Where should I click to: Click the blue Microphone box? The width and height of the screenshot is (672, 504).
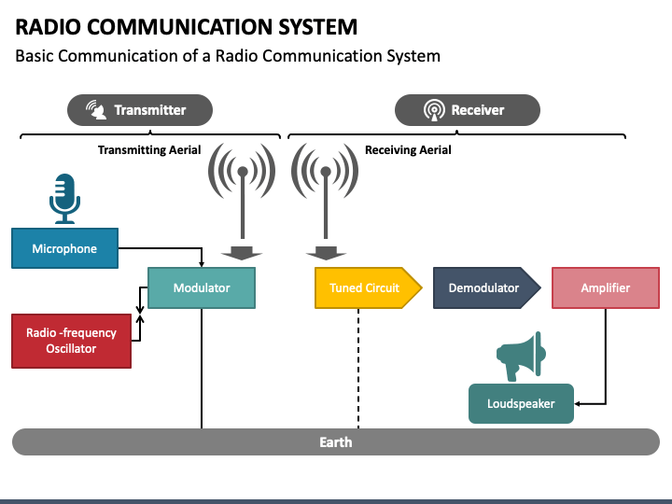click(x=64, y=248)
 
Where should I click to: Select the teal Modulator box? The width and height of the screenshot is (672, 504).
click(x=202, y=287)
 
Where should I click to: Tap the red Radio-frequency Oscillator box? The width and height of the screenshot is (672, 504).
click(x=71, y=341)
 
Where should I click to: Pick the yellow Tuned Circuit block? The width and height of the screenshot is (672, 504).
click(x=368, y=287)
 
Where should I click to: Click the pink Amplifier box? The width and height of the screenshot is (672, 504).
click(x=606, y=287)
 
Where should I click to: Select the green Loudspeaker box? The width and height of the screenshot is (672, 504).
click(x=521, y=403)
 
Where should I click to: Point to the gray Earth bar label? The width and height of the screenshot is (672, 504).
click(x=336, y=441)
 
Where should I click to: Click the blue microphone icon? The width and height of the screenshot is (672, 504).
click(x=64, y=199)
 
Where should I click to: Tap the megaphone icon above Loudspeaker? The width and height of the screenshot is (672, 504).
click(x=521, y=357)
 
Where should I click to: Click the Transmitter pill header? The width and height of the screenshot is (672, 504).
click(x=140, y=110)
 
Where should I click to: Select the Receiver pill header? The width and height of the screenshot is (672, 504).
click(x=468, y=110)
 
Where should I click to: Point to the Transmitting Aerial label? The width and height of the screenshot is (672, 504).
click(x=149, y=150)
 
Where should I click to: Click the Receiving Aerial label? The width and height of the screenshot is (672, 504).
click(x=408, y=150)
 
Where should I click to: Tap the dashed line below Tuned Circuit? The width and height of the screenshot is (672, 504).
click(x=358, y=368)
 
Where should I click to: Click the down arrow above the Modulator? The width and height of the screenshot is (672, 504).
click(x=242, y=253)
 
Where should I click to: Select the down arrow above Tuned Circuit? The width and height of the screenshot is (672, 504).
click(x=326, y=253)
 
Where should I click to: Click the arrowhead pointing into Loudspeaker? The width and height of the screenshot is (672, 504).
click(x=578, y=404)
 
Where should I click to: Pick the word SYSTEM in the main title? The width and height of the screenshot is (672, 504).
click(x=317, y=27)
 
